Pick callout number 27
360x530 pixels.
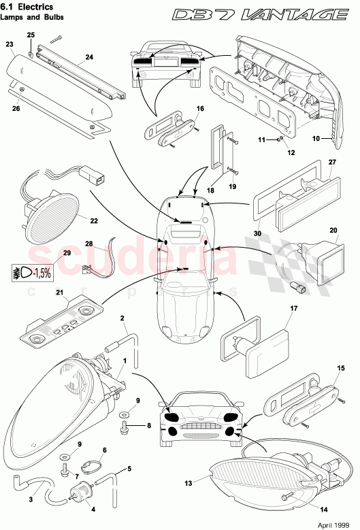coord(333,163)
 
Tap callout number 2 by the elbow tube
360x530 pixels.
coord(122,318)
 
